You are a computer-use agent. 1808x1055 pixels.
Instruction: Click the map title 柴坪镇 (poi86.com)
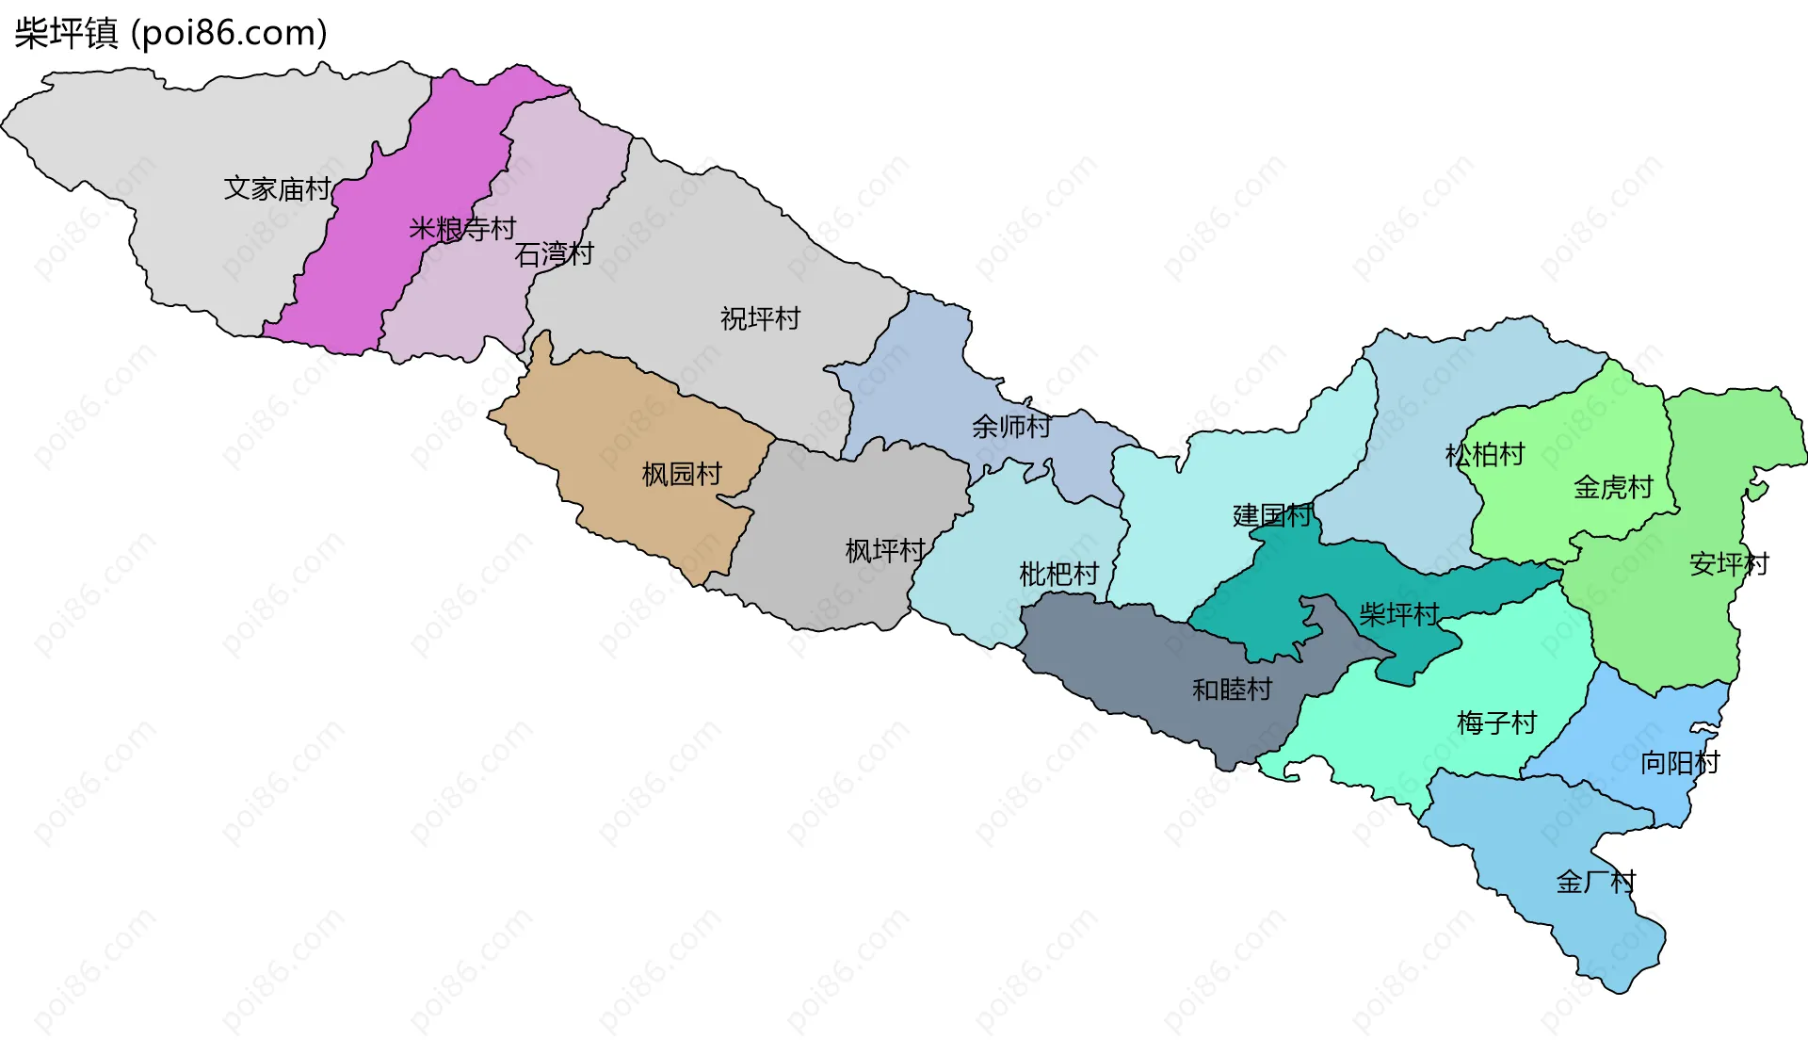tap(170, 33)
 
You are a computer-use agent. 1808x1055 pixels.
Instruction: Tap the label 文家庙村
tap(277, 188)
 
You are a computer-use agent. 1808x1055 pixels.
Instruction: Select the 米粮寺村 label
tap(462, 228)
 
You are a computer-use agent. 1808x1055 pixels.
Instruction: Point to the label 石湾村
tap(554, 253)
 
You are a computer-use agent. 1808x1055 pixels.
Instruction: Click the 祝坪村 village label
tap(760, 318)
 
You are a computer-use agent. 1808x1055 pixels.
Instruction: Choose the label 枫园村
tap(682, 474)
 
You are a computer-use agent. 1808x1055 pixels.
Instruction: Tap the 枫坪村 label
tap(885, 550)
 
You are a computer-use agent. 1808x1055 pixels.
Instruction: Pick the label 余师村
tap(1011, 427)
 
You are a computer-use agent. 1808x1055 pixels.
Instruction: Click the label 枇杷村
tap(1059, 574)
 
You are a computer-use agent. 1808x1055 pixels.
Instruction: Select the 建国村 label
tap(1272, 515)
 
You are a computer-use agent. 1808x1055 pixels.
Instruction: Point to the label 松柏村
tap(1485, 455)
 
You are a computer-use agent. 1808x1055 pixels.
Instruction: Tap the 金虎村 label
tap(1613, 487)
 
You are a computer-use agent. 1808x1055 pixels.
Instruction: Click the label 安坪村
tap(1729, 564)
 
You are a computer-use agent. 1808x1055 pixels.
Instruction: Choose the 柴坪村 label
tap(1399, 615)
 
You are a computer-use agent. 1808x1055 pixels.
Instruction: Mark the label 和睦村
tap(1232, 690)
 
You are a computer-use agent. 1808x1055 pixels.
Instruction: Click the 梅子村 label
tap(1496, 722)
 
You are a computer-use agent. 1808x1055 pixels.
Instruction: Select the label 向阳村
tap(1680, 762)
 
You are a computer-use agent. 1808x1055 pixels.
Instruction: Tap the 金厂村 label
tap(1596, 882)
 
